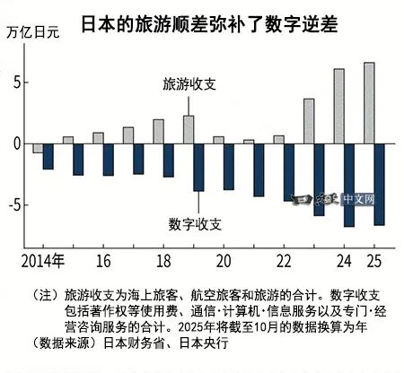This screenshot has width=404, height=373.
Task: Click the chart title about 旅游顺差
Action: pyautogui.click(x=207, y=17)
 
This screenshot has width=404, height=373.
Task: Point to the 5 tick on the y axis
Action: pyautogui.click(x=12, y=82)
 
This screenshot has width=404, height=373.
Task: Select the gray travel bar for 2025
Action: pyautogui.click(x=368, y=102)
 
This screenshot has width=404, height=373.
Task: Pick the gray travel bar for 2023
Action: pyautogui.click(x=308, y=120)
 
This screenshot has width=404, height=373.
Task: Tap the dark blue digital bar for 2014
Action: pyautogui.click(x=48, y=156)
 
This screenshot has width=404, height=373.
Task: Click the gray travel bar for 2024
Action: pyautogui.click(x=338, y=106)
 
